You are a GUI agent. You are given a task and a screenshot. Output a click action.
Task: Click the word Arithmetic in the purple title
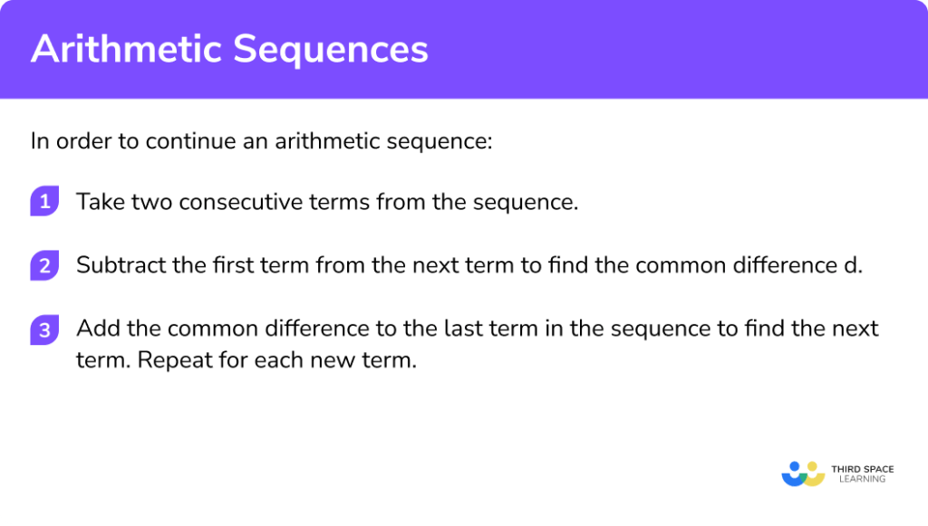124,50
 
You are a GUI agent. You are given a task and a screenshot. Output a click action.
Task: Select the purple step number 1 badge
43,201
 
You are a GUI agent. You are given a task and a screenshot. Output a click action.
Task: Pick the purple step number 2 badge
43,266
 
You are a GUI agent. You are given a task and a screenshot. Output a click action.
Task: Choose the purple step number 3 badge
43,330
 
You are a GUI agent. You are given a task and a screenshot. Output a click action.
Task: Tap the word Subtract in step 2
113,266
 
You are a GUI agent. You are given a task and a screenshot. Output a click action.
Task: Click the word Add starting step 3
95,328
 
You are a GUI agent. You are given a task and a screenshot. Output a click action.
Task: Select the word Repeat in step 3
171,360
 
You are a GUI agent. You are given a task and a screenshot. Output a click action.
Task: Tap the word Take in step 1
98,202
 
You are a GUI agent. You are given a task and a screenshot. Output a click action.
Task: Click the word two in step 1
150,202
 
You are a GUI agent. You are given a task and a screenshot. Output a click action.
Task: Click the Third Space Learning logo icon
802,474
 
